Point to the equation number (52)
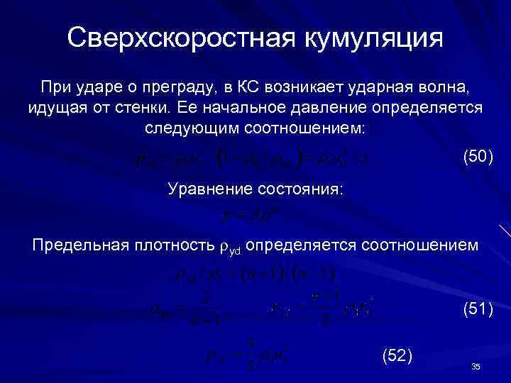[x=397, y=355]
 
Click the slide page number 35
[x=476, y=366]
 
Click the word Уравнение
[x=209, y=189]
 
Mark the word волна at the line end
[x=446, y=87]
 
